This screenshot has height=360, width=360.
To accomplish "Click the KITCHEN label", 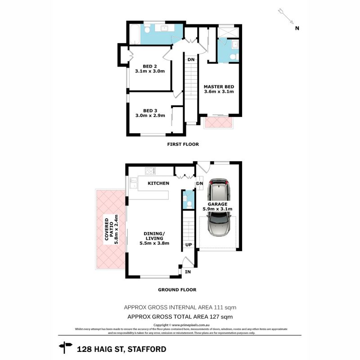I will [159, 184].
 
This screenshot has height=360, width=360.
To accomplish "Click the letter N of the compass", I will [297, 28].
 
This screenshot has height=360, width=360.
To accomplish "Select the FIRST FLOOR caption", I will [183, 144].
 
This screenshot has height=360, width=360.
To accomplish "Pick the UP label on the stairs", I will [189, 245].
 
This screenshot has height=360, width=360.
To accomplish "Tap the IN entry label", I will [188, 272].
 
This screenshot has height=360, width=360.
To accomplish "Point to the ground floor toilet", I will [189, 205].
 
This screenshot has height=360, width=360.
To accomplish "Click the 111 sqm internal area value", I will [225, 307].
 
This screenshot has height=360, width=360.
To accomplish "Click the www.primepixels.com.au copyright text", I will [184, 325].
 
